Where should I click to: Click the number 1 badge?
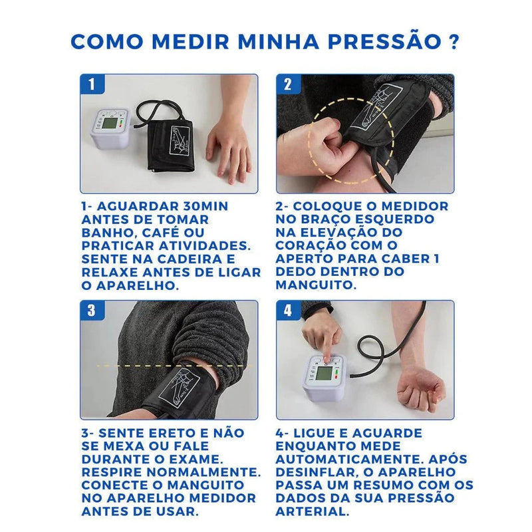click(x=92, y=84)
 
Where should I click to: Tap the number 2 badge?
click(x=287, y=84)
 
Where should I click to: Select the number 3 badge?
click(x=92, y=311)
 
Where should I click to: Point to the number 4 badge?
click(x=287, y=311)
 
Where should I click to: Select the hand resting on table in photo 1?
click(x=228, y=146)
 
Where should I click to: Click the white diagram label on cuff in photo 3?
click(x=179, y=388)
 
